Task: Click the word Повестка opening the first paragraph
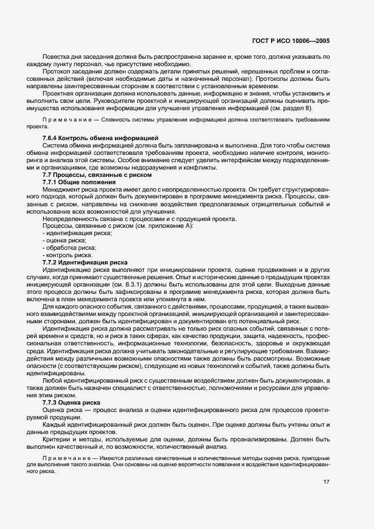[57, 58]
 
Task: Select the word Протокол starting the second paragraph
[57, 72]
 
